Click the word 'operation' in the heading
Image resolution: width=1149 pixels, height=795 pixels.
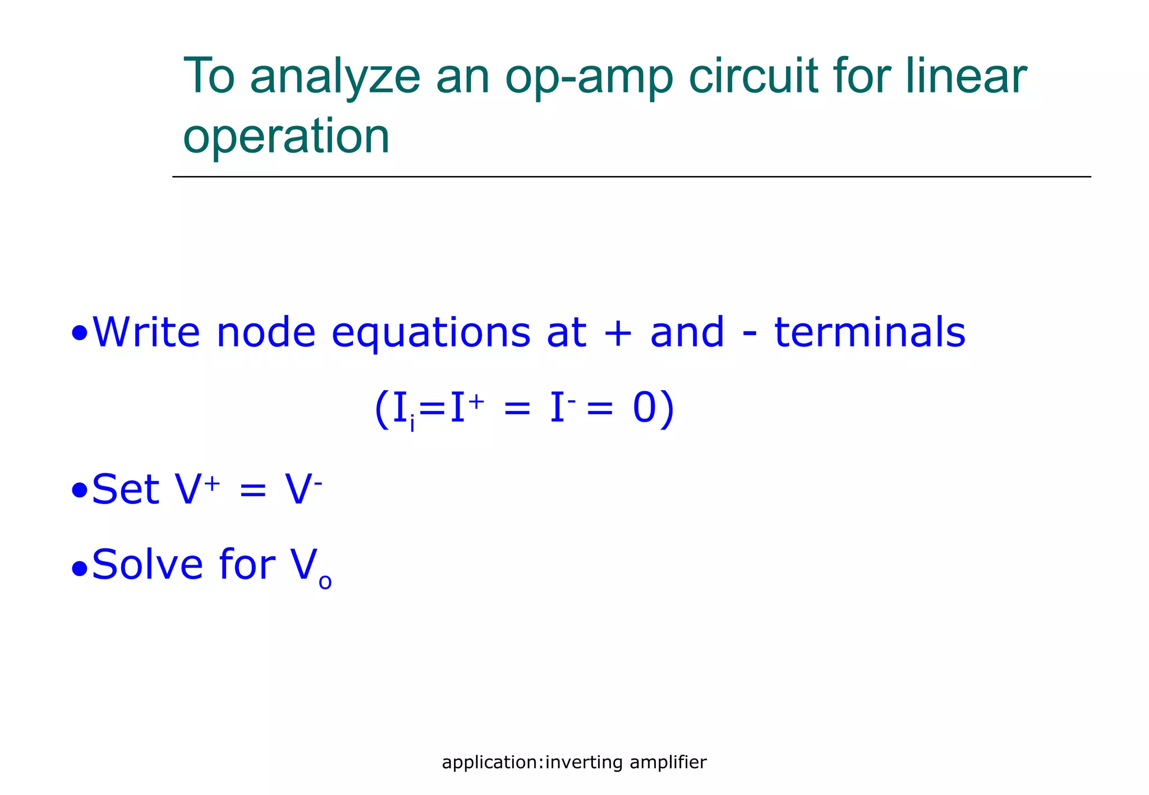point(286,137)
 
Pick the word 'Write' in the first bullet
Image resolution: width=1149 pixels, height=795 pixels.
point(146,332)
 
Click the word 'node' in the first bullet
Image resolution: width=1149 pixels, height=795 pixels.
point(266,332)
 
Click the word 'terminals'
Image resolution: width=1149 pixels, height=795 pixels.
point(870,332)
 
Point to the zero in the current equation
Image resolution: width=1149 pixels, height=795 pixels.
point(644,408)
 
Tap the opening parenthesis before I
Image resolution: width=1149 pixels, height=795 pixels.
point(382,409)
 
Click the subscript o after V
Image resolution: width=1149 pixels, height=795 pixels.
point(325,583)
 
